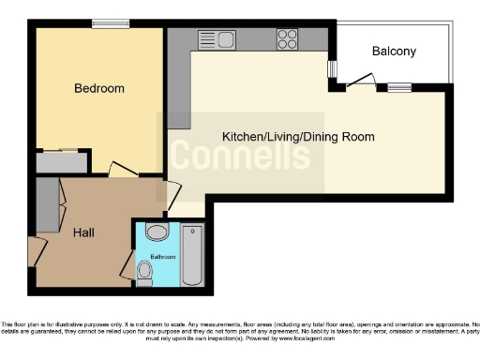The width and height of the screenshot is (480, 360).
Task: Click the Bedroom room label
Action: (99, 89)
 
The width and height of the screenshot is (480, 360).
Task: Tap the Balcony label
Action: (394, 52)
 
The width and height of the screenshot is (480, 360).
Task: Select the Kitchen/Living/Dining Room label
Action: (298, 137)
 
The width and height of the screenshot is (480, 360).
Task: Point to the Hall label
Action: (83, 232)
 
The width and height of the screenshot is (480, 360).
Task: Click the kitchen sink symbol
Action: (218, 38)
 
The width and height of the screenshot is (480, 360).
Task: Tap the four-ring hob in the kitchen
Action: (287, 39)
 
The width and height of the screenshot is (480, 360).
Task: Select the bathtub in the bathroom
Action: (191, 254)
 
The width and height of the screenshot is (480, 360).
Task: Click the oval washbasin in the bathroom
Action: (157, 232)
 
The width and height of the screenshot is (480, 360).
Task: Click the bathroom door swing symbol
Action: (127, 264)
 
